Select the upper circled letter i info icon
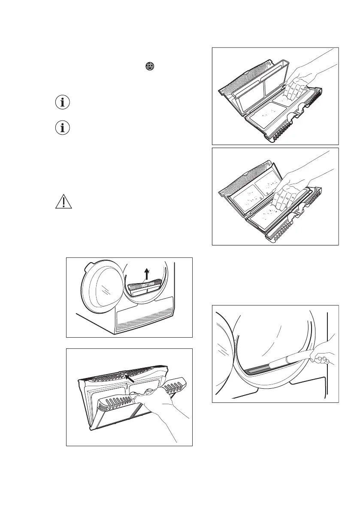click(64, 103)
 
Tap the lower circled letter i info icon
click(64, 128)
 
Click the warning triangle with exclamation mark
click(63, 201)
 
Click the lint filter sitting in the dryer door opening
click(145, 287)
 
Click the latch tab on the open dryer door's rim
click(87, 266)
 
